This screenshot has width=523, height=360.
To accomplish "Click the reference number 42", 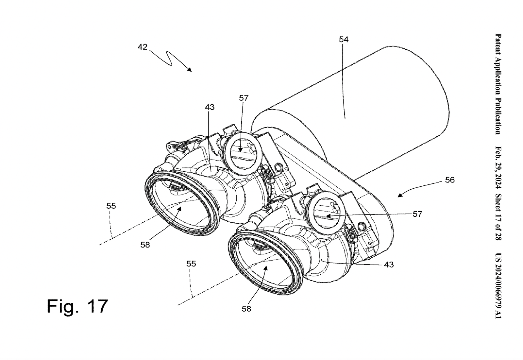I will point(142,47).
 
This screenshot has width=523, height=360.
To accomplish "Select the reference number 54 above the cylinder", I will point(344,40).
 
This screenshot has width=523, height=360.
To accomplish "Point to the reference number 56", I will point(450,180).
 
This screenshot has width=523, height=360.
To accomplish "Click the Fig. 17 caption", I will point(77,306).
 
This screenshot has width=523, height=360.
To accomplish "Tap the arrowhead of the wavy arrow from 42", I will point(190,70).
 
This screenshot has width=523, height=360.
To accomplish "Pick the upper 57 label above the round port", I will point(244,98).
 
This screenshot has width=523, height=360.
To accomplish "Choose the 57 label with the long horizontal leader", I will point(417,214).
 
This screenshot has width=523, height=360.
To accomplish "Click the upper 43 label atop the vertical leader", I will point(210,107).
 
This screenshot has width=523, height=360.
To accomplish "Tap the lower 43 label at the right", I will point(389,265).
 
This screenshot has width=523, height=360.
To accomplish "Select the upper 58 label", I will point(145,245).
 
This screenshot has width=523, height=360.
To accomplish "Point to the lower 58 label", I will point(246,309).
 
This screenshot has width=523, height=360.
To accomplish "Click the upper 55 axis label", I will point(111,206).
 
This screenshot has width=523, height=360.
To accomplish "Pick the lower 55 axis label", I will point(191,264).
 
